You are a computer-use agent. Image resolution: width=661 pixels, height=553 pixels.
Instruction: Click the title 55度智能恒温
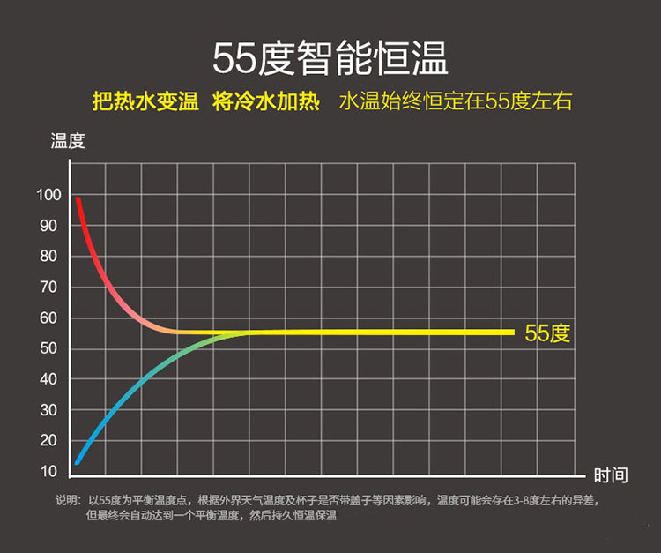[x=330, y=57]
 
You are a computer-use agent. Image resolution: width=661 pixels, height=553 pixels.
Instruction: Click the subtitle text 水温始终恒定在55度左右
[x=455, y=101]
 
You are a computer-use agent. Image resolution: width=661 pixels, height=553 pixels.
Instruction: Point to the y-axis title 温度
[x=67, y=141]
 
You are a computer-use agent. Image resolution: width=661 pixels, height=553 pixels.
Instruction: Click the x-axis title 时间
[x=611, y=475]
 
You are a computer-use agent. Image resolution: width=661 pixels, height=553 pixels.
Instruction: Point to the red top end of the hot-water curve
[x=78, y=199]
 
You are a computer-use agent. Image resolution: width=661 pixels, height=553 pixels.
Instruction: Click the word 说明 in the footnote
[x=68, y=500]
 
